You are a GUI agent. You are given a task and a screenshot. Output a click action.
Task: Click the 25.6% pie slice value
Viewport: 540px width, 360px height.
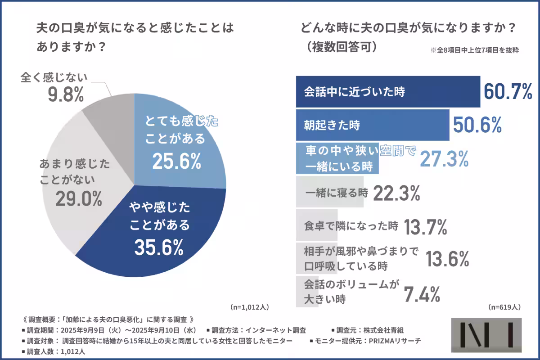coord(176,161)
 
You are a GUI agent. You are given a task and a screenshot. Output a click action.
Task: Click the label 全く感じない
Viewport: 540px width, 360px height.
coord(54,77)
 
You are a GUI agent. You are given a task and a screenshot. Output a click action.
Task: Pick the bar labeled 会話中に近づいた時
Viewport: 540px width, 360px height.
coord(388,92)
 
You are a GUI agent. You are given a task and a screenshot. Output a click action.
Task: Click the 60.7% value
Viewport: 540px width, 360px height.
coord(508,92)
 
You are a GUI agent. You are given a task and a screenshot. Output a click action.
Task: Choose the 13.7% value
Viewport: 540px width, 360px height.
coord(425,227)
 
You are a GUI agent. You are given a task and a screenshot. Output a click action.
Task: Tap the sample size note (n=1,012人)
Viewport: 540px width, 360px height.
coord(250,307)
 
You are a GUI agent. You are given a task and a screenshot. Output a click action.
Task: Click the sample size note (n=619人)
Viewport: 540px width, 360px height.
coord(504,307)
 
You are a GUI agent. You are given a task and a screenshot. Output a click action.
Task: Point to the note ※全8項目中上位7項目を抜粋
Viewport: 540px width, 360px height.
coord(474,51)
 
